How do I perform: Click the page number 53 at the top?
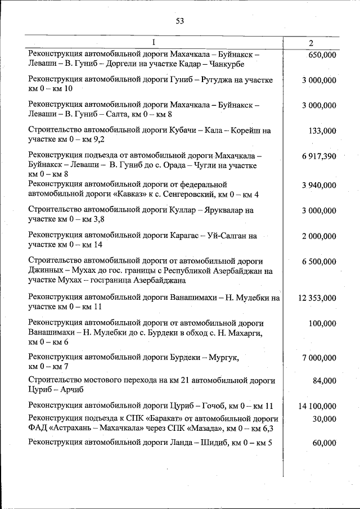(x=180, y=21)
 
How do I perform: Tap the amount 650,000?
(x=322, y=55)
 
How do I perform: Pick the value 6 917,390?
(x=318, y=156)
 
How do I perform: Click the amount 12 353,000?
(x=318, y=298)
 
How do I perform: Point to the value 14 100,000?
(x=318, y=406)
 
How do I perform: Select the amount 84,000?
(x=325, y=381)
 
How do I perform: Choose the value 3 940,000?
(x=318, y=184)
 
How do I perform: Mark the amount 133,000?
(x=322, y=131)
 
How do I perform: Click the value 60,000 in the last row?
(x=325, y=443)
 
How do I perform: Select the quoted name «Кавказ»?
(x=123, y=195)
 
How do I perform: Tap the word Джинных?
(x=47, y=271)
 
